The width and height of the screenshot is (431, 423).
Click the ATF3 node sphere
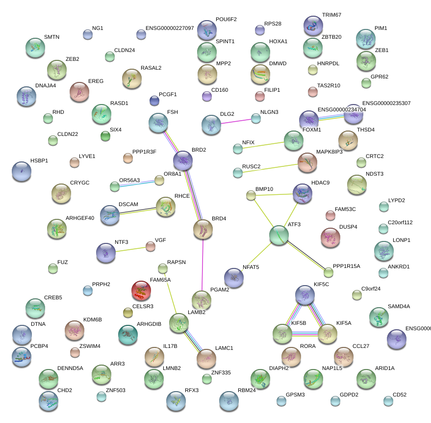(279, 235)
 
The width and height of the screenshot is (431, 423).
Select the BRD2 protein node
(183, 160)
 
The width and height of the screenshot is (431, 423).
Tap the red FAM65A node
(141, 291)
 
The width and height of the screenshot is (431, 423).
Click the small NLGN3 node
(256, 118)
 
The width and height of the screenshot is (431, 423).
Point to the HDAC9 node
(302, 193)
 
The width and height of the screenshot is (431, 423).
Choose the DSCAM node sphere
(109, 214)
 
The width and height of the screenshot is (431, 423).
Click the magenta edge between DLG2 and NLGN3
(238, 121)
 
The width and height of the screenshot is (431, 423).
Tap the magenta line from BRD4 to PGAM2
(203, 265)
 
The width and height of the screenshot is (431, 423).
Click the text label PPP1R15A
(346, 266)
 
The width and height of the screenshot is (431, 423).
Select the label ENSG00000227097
(170, 28)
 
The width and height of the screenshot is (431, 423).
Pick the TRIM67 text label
(331, 15)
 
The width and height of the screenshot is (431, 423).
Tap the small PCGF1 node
(154, 101)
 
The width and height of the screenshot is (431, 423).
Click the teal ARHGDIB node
(128, 334)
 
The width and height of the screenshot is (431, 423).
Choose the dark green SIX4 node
(105, 136)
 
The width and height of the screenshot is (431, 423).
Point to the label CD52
(400, 395)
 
